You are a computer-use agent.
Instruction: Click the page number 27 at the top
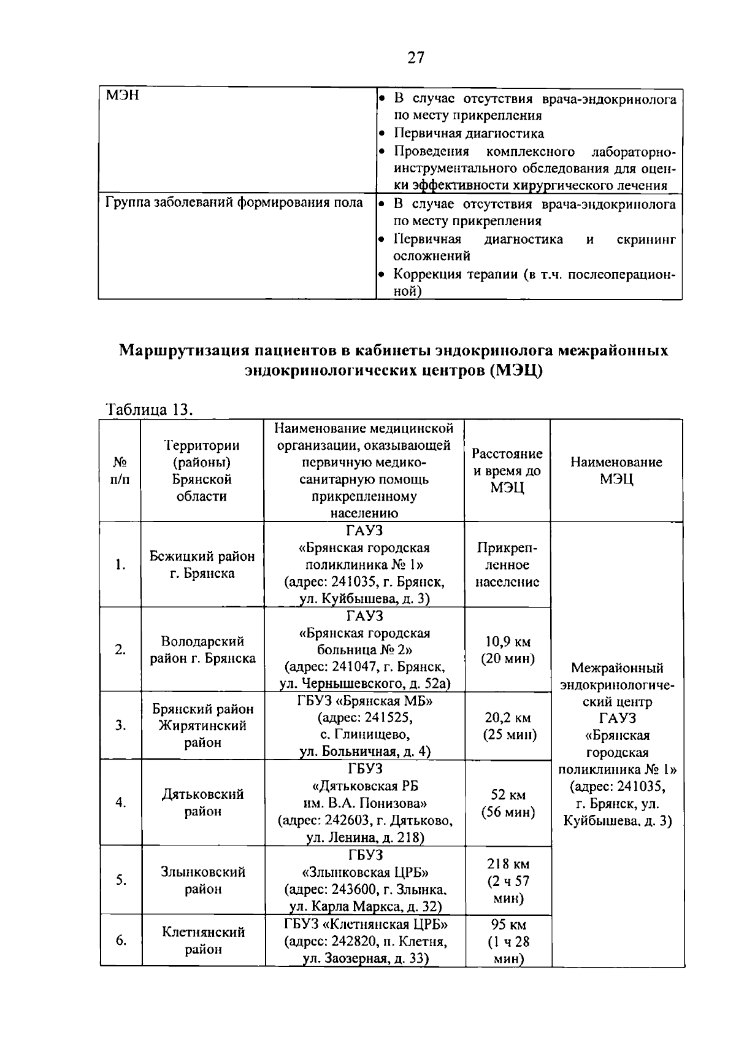(415, 58)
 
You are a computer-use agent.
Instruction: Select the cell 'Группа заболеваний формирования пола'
(234, 203)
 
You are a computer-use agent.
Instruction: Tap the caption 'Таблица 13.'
(150, 409)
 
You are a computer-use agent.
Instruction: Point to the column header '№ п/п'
(120, 471)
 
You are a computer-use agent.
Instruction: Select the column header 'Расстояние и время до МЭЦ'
(507, 471)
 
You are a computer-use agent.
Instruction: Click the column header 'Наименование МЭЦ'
(616, 471)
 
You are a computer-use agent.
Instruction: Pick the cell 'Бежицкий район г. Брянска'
(202, 564)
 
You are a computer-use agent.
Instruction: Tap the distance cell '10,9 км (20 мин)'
(507, 650)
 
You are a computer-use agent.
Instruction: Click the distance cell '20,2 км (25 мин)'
(507, 726)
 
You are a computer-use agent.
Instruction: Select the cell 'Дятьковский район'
(202, 803)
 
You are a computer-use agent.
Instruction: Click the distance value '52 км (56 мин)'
(508, 803)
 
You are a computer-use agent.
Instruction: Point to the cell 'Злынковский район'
(202, 880)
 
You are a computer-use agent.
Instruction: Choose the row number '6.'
(120, 940)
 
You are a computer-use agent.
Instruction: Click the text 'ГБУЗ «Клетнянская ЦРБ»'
(366, 924)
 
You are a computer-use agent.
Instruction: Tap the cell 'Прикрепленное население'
(507, 564)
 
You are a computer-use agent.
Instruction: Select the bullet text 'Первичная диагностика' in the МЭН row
(468, 133)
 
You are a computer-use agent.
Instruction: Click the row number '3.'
(120, 726)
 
